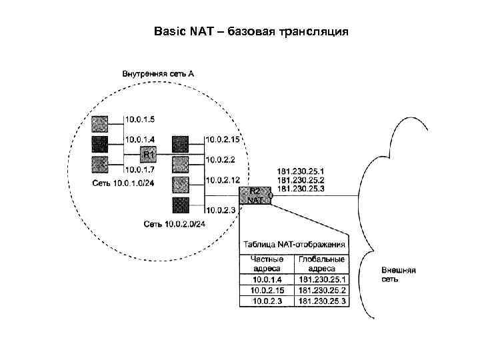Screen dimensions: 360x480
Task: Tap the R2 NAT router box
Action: (x=256, y=195)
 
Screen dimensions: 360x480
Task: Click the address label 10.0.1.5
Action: (x=140, y=119)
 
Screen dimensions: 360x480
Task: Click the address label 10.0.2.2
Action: (x=220, y=159)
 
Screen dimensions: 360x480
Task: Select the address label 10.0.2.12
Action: (x=223, y=180)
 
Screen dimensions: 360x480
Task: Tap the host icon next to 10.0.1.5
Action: (x=99, y=123)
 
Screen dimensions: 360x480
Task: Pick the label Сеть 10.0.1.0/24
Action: (x=123, y=182)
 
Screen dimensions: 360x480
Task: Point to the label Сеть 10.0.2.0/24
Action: (x=175, y=223)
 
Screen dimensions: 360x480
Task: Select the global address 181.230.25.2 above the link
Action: (x=300, y=180)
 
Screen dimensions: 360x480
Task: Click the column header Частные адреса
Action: (x=267, y=263)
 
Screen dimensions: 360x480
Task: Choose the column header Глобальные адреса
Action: (x=323, y=263)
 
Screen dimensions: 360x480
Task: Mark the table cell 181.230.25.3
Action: (x=323, y=301)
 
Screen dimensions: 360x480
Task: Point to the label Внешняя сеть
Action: (x=399, y=275)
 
